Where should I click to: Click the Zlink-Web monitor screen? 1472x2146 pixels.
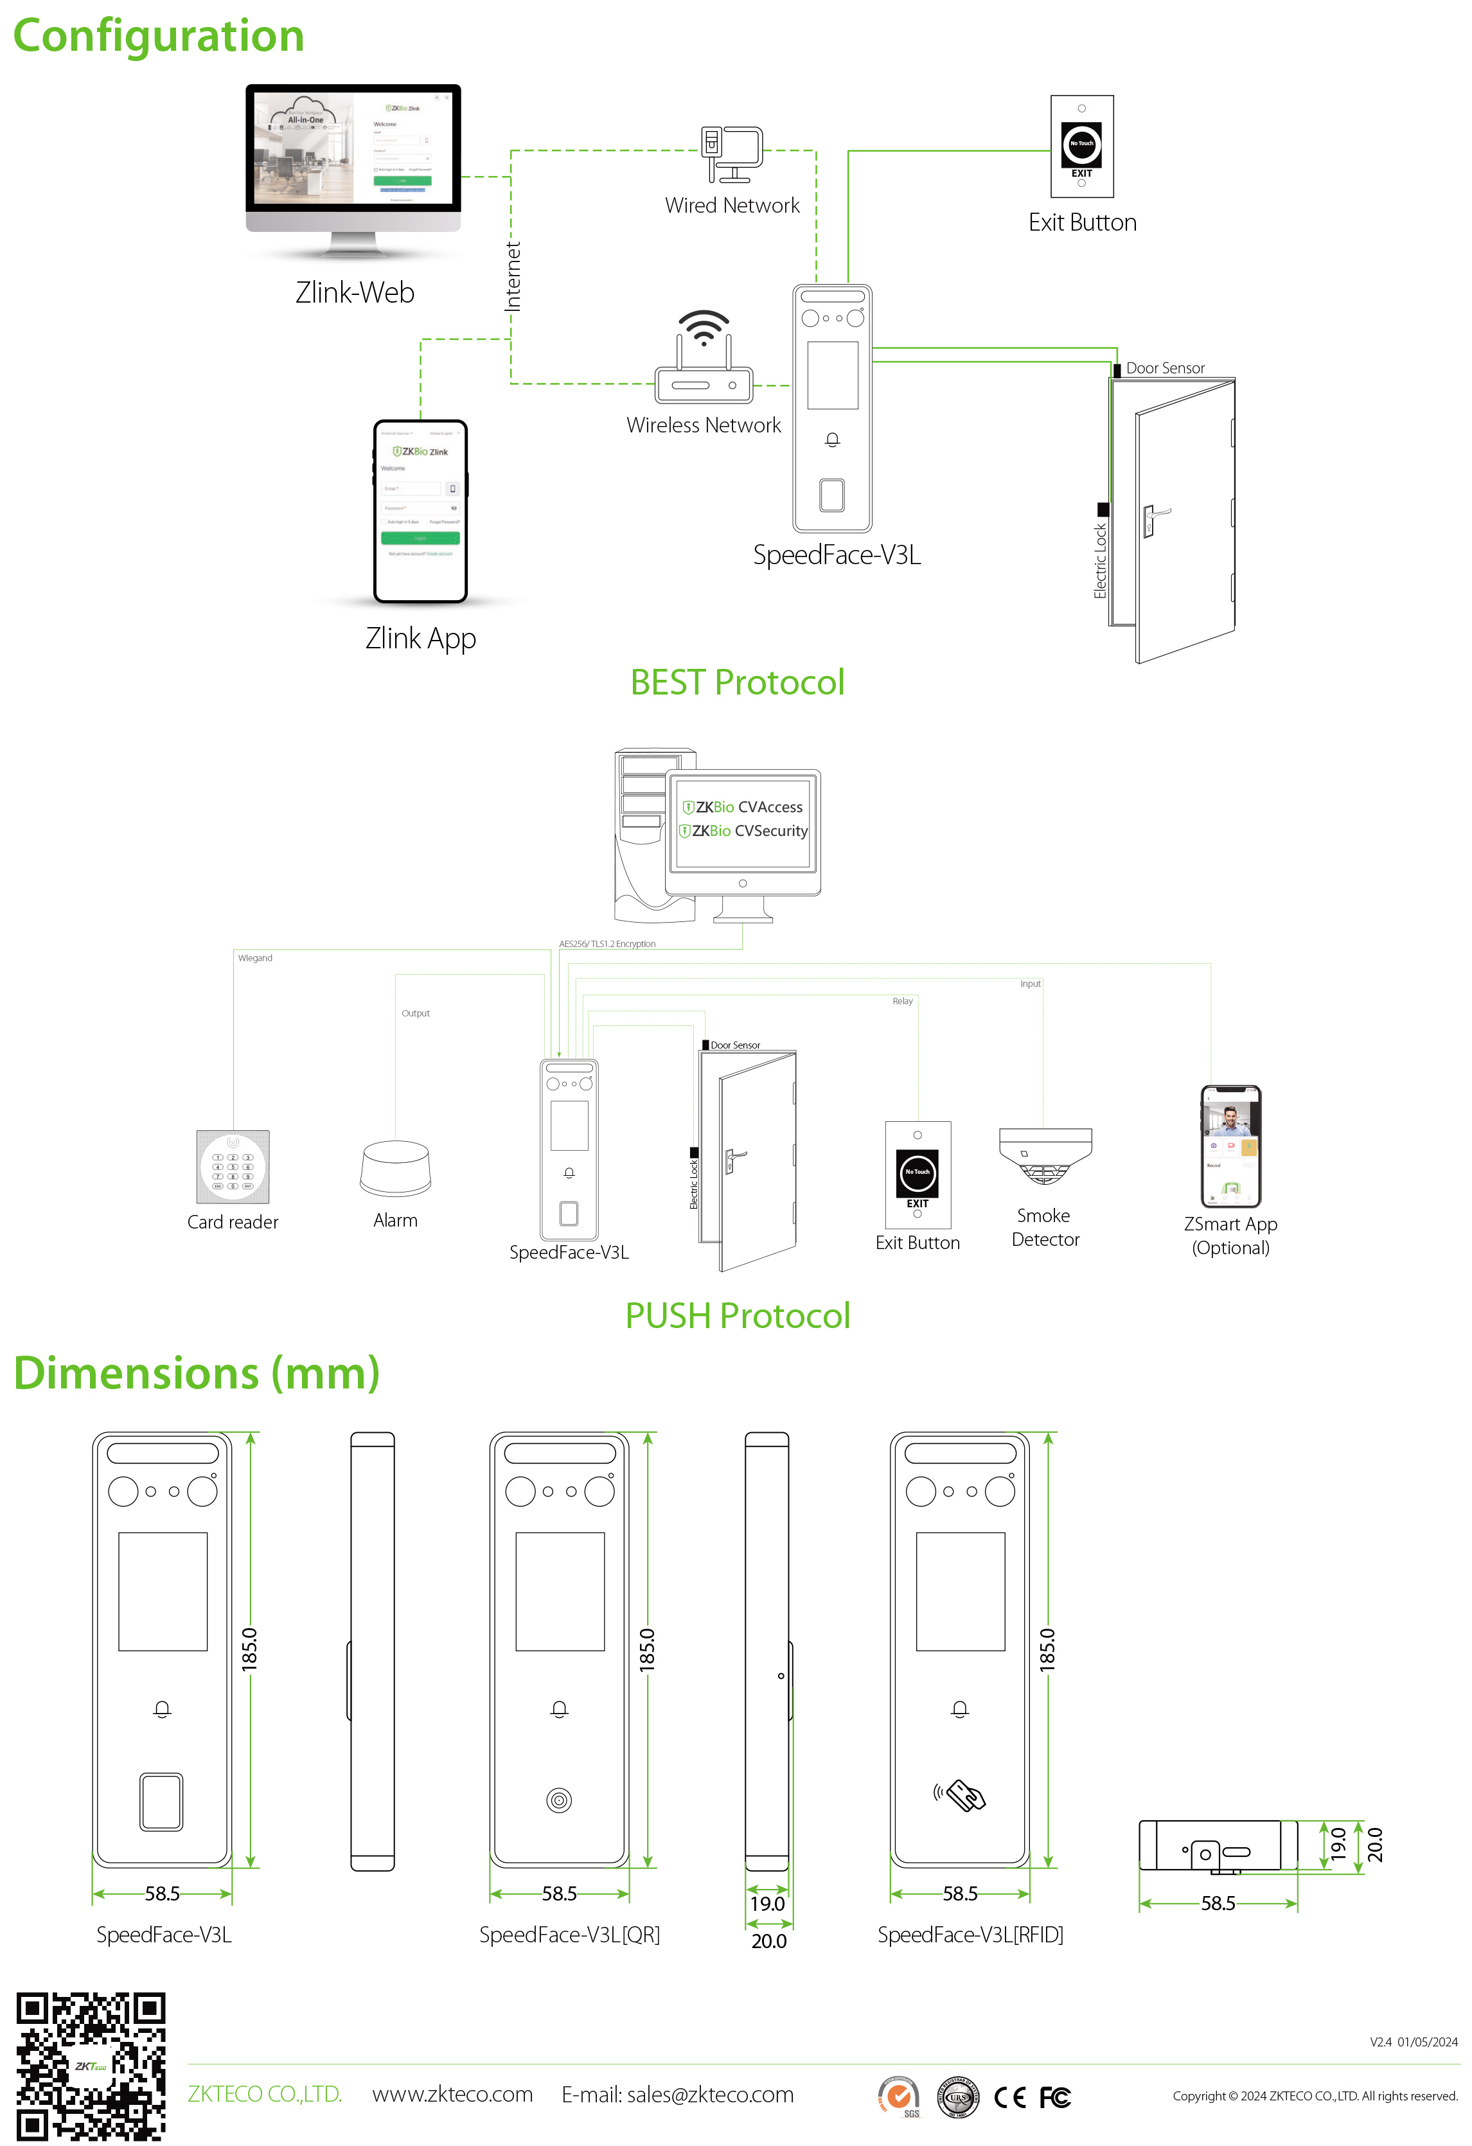[x=353, y=148]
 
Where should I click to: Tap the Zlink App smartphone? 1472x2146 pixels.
[x=420, y=511]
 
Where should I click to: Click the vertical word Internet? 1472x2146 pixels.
[x=513, y=276]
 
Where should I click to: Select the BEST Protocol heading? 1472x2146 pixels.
[x=737, y=682]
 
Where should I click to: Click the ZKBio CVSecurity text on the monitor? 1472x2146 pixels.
[x=749, y=831]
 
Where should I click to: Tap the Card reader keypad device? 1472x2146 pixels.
[x=233, y=1166]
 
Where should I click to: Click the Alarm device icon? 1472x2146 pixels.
[x=395, y=1168]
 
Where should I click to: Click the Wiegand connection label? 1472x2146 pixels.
[x=255, y=959]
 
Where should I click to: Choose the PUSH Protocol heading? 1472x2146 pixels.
[x=737, y=1316]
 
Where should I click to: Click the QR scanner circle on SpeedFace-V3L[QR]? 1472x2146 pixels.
[x=559, y=1800]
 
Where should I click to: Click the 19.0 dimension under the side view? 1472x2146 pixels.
[x=767, y=1904]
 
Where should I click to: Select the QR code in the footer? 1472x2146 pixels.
[x=91, y=2066]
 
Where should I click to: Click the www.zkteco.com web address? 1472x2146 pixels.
[x=452, y=2095]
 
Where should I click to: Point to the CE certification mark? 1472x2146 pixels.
[x=1009, y=2097]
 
